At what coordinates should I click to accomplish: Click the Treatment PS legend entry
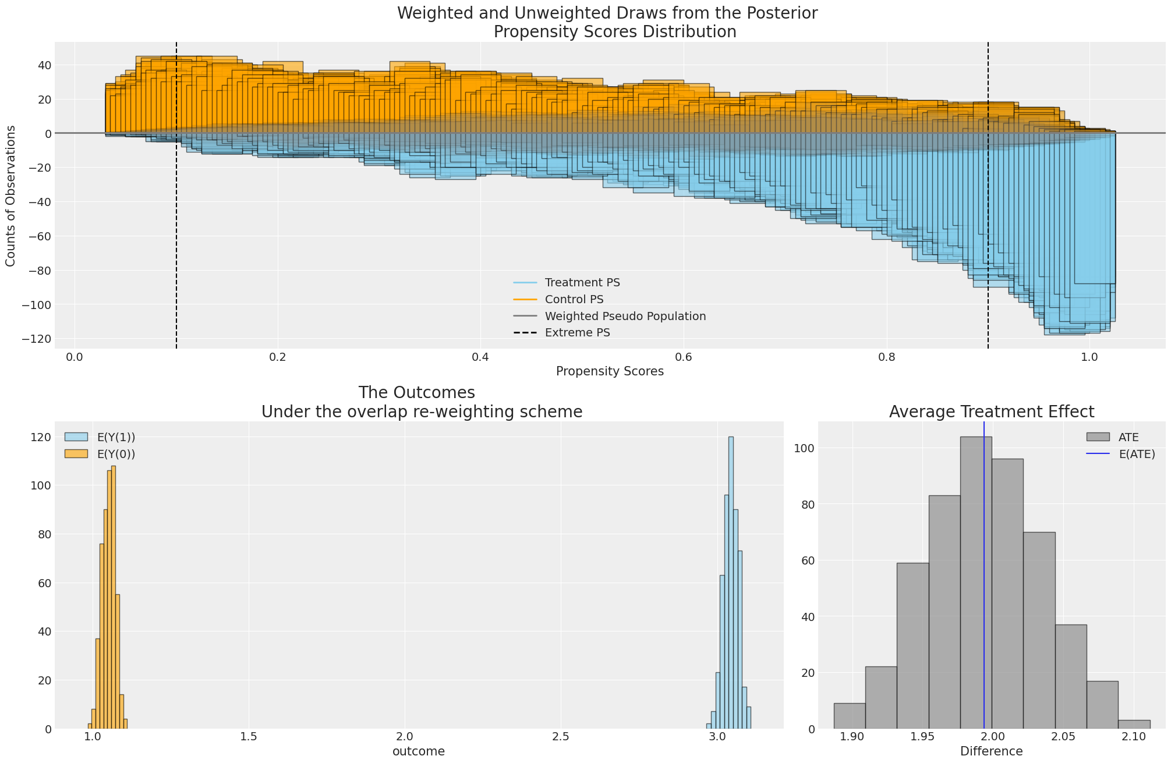tap(582, 283)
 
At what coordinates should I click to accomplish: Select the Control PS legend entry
tap(574, 300)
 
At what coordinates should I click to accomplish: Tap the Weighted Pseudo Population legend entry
tap(625, 317)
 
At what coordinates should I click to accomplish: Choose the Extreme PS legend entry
tap(577, 333)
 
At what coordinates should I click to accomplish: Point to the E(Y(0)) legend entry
tap(114, 455)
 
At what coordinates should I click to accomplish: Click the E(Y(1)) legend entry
tap(114, 438)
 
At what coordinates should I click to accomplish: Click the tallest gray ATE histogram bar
tap(975, 582)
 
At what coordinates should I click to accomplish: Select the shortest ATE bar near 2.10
tap(1134, 724)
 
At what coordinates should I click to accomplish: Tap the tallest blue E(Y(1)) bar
tap(731, 582)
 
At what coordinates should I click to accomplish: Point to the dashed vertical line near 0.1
tap(176, 233)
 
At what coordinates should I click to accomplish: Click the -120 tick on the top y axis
tap(36, 339)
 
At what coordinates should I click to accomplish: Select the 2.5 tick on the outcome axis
tap(561, 737)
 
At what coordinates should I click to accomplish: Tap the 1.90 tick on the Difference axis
tap(852, 737)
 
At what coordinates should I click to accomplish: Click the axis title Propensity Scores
tap(610, 371)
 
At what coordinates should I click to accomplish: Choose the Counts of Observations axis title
tap(11, 196)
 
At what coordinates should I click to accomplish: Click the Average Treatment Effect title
tap(992, 412)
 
